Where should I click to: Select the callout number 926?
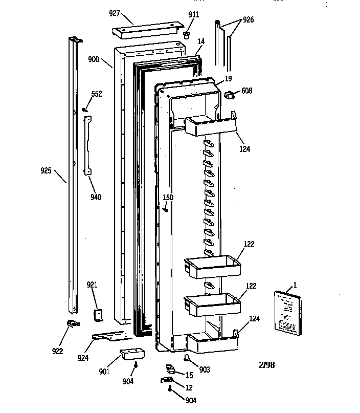248,20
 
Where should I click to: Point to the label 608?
247,91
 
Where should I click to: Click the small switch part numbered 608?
229,94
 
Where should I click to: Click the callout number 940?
95,197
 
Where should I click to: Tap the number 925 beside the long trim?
47,170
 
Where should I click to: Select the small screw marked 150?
166,209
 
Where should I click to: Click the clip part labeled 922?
72,323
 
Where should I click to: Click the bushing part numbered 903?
188,357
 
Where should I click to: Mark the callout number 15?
189,376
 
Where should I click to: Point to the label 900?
94,59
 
